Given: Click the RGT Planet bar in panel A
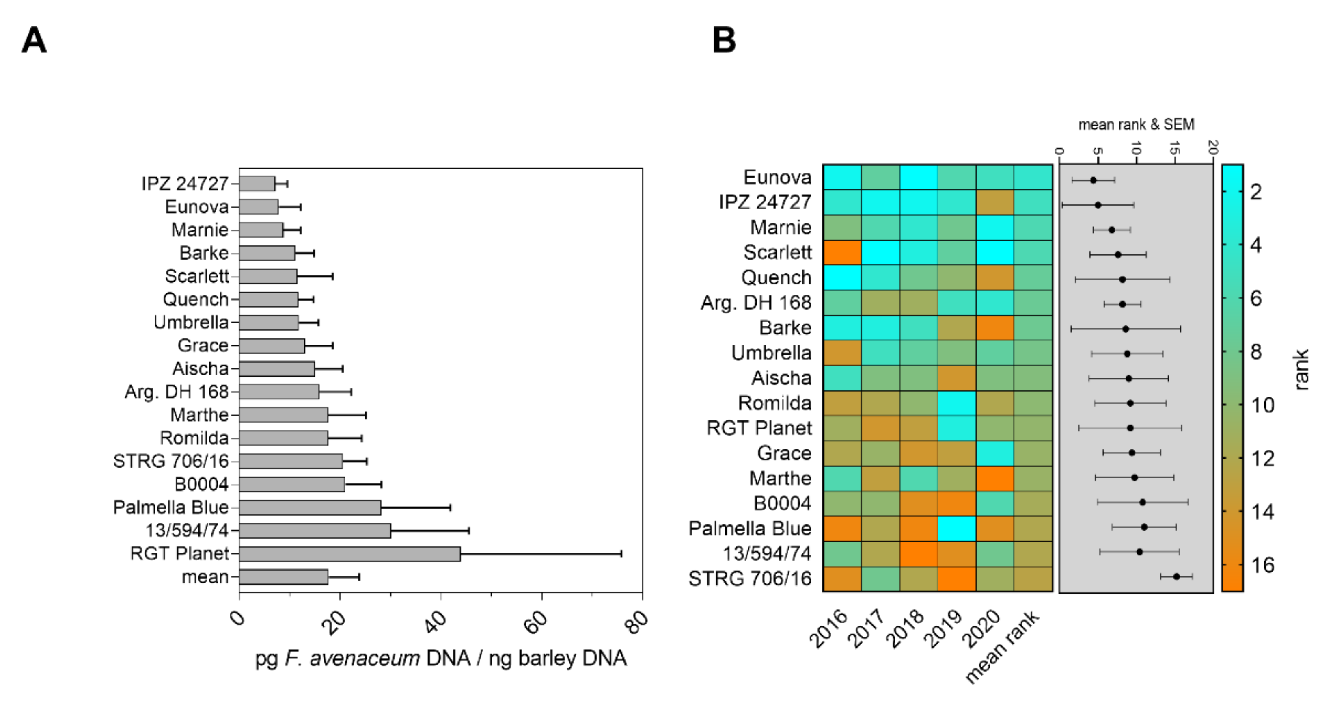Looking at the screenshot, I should pos(349,553).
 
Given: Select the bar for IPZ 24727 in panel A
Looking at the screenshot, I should pos(257,183).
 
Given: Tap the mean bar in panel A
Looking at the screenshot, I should pos(284,577).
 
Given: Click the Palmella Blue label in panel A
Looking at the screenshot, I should pos(171,507).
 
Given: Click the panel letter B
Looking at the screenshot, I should pos(724,40).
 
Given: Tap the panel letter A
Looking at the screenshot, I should pos(34,40).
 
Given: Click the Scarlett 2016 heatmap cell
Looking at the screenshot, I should pos(842,253).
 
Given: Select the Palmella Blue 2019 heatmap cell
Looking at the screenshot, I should pos(957,529).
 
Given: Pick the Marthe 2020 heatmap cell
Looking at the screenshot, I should pos(994,479).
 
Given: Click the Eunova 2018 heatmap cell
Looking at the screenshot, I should pos(919,177).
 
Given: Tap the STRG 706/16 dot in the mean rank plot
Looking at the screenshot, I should pos(1176,576).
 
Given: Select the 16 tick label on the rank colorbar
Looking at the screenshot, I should pos(1263,565).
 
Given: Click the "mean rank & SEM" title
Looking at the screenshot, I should pos(1136,124).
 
